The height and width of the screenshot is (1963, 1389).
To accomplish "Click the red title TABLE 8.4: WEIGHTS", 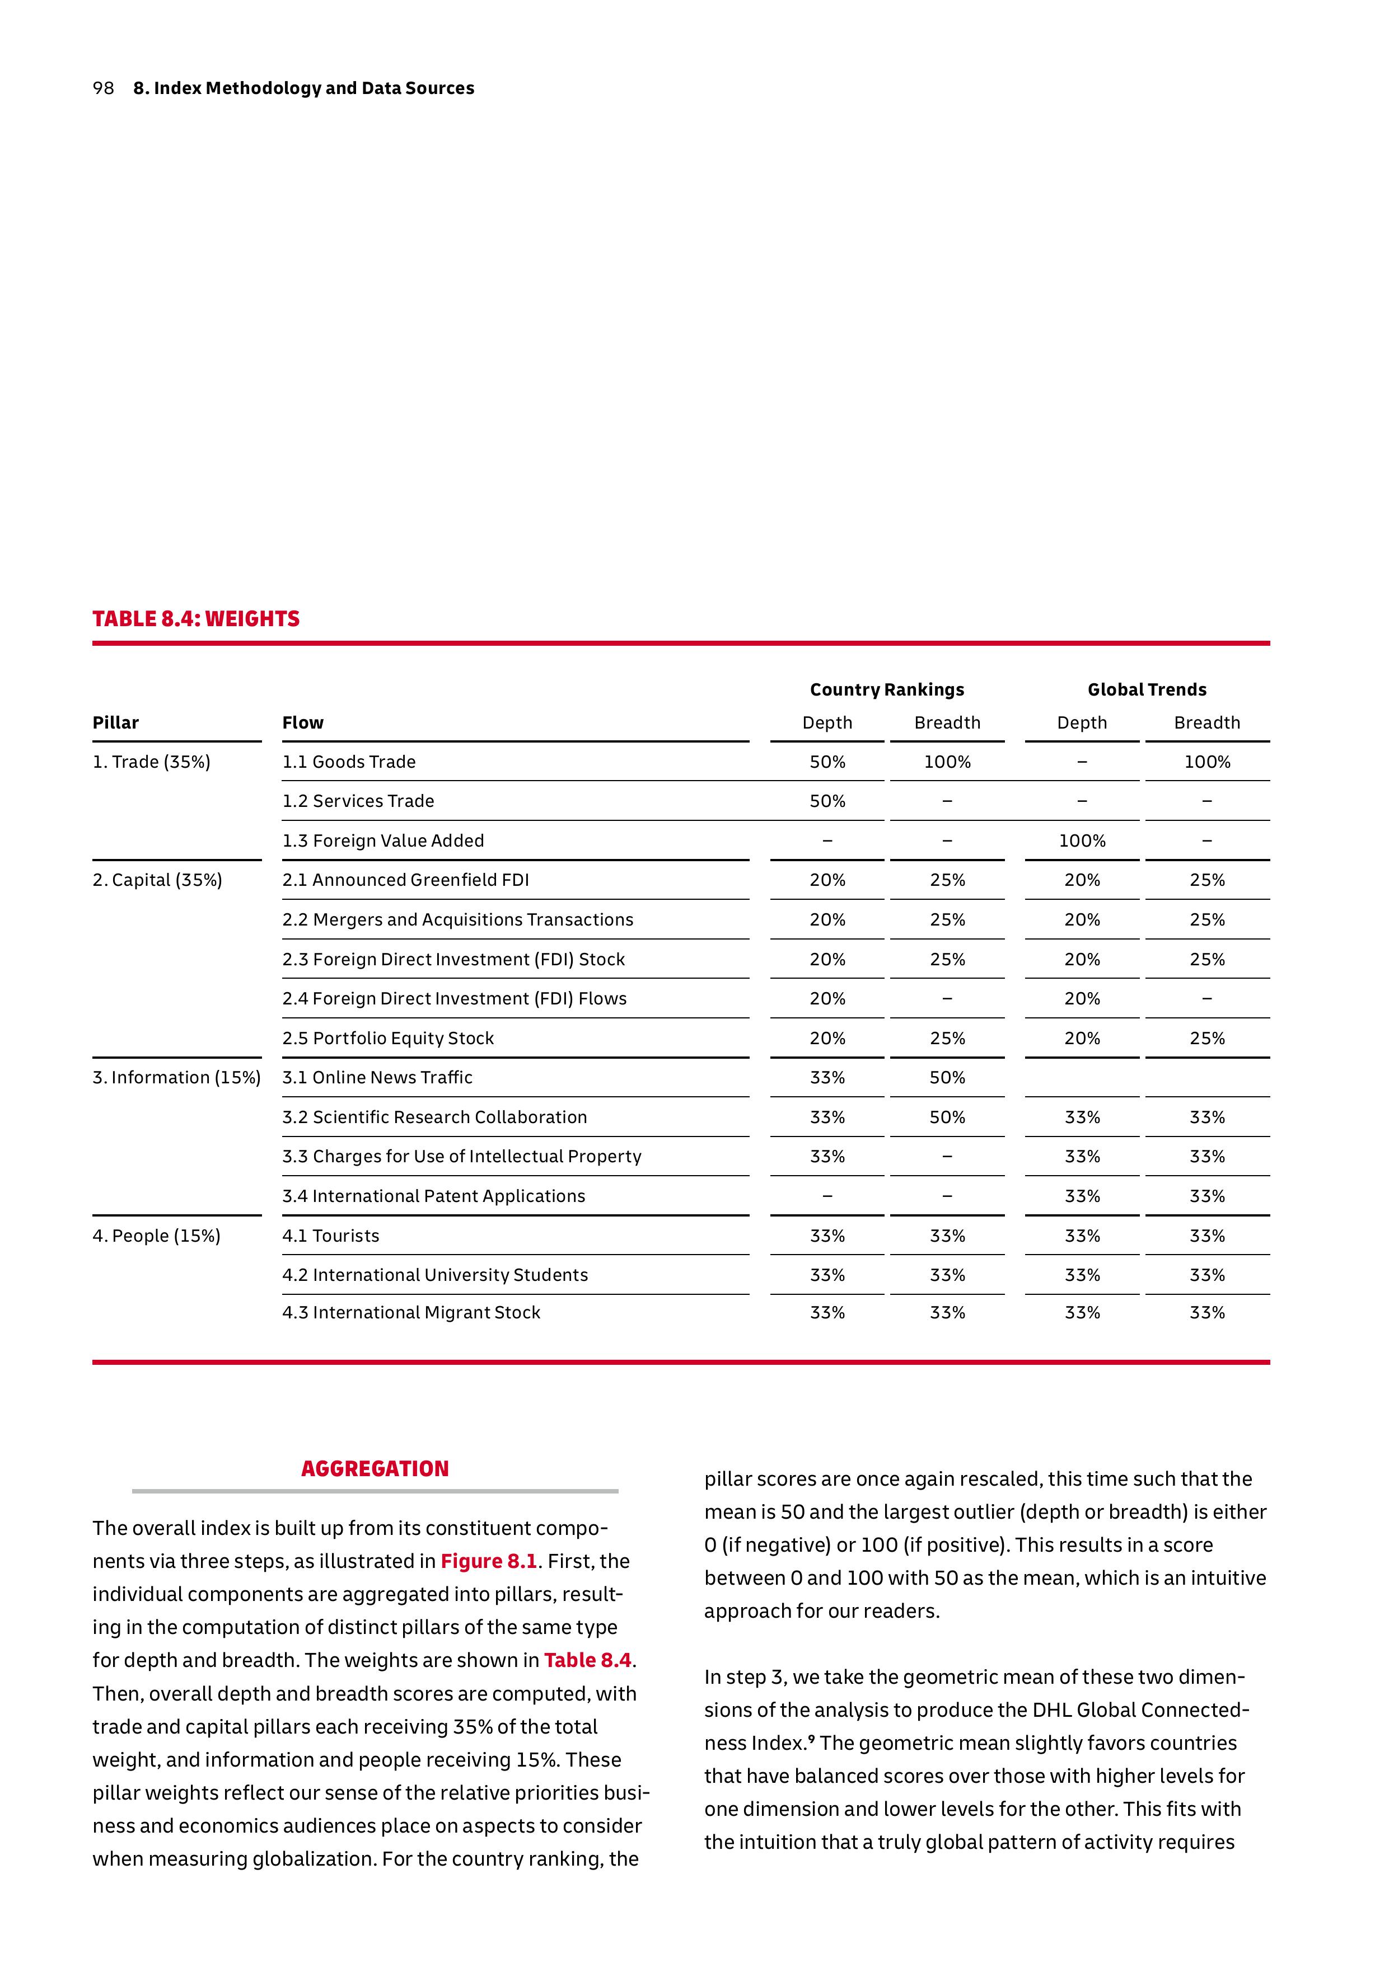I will [196, 619].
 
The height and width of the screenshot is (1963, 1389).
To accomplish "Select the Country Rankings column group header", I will [887, 690].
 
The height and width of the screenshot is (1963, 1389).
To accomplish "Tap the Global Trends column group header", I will [1147, 690].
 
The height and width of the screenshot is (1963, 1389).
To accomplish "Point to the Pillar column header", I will [115, 724].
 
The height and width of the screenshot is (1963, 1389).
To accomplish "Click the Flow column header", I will [303, 724].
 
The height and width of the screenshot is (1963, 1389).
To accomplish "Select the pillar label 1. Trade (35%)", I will [151, 762].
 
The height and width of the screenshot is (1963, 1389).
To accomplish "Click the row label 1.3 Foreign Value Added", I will [383, 841].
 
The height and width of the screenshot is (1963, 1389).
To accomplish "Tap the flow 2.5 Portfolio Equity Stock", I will [389, 1039].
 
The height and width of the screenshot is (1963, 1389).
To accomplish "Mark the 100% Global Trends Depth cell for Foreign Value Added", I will [1082, 841].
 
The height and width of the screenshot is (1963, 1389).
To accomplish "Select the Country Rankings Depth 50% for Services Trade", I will [827, 801].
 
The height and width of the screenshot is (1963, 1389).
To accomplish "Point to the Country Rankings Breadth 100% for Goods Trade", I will [947, 762].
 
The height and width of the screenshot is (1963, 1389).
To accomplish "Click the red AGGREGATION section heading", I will [375, 1469].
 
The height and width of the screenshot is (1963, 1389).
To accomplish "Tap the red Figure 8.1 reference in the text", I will [488, 1561].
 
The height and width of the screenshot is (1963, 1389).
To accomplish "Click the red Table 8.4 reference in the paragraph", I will [588, 1660].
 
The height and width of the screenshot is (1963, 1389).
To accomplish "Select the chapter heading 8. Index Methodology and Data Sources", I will [303, 88].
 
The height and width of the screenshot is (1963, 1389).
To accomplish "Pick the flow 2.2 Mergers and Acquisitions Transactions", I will [457, 920].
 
